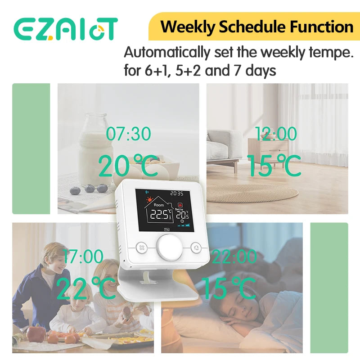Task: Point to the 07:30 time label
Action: tap(128, 134)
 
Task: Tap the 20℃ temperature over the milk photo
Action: tap(128, 166)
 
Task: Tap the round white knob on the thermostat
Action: tap(167, 247)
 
